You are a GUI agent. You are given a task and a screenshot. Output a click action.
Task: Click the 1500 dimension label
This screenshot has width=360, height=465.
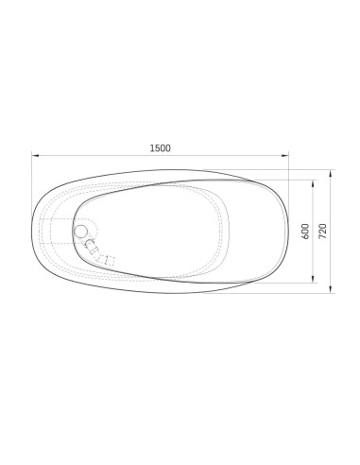161,148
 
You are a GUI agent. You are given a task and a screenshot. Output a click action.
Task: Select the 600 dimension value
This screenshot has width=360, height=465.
305,232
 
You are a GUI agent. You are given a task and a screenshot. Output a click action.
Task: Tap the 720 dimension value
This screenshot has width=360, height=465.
323,232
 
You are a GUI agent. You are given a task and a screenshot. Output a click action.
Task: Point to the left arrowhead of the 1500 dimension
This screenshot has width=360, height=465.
35,155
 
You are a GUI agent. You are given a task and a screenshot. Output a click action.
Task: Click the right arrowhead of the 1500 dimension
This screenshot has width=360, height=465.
285,155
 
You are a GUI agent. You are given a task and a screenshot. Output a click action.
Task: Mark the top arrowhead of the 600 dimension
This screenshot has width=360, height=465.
313,183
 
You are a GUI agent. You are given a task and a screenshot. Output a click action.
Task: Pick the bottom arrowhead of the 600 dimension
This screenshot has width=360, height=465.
313,279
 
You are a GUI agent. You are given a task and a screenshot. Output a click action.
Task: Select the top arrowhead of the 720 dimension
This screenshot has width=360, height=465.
330,173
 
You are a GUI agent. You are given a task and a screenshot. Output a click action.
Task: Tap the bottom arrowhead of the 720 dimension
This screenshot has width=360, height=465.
330,289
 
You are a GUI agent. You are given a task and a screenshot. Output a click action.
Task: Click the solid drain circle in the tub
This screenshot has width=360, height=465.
80,232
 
